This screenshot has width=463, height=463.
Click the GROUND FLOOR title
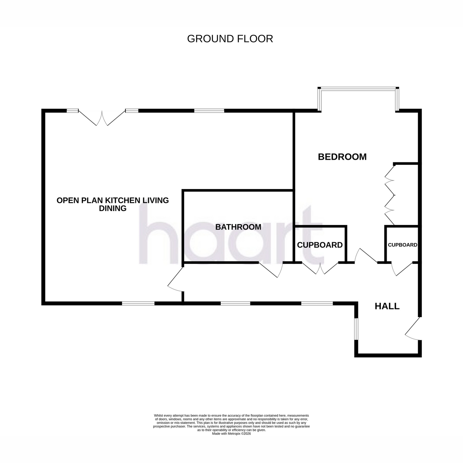tap(230, 39)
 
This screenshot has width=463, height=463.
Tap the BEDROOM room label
tap(342, 157)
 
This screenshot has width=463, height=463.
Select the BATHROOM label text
tap(238, 227)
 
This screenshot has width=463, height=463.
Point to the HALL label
tap(387, 306)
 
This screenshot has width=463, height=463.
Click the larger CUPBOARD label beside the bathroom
tap(320, 245)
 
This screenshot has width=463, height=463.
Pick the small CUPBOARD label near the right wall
tap(402, 245)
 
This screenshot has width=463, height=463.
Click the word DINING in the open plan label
tap(113, 208)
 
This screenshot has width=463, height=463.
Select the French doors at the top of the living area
tap(102, 118)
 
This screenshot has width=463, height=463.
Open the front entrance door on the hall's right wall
tap(412, 329)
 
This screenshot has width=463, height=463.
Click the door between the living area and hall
tap(176, 279)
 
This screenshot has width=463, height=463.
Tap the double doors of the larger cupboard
tap(320, 269)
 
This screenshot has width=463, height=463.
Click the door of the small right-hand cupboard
tap(402, 269)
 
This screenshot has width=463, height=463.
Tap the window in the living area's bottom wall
tap(138, 304)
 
